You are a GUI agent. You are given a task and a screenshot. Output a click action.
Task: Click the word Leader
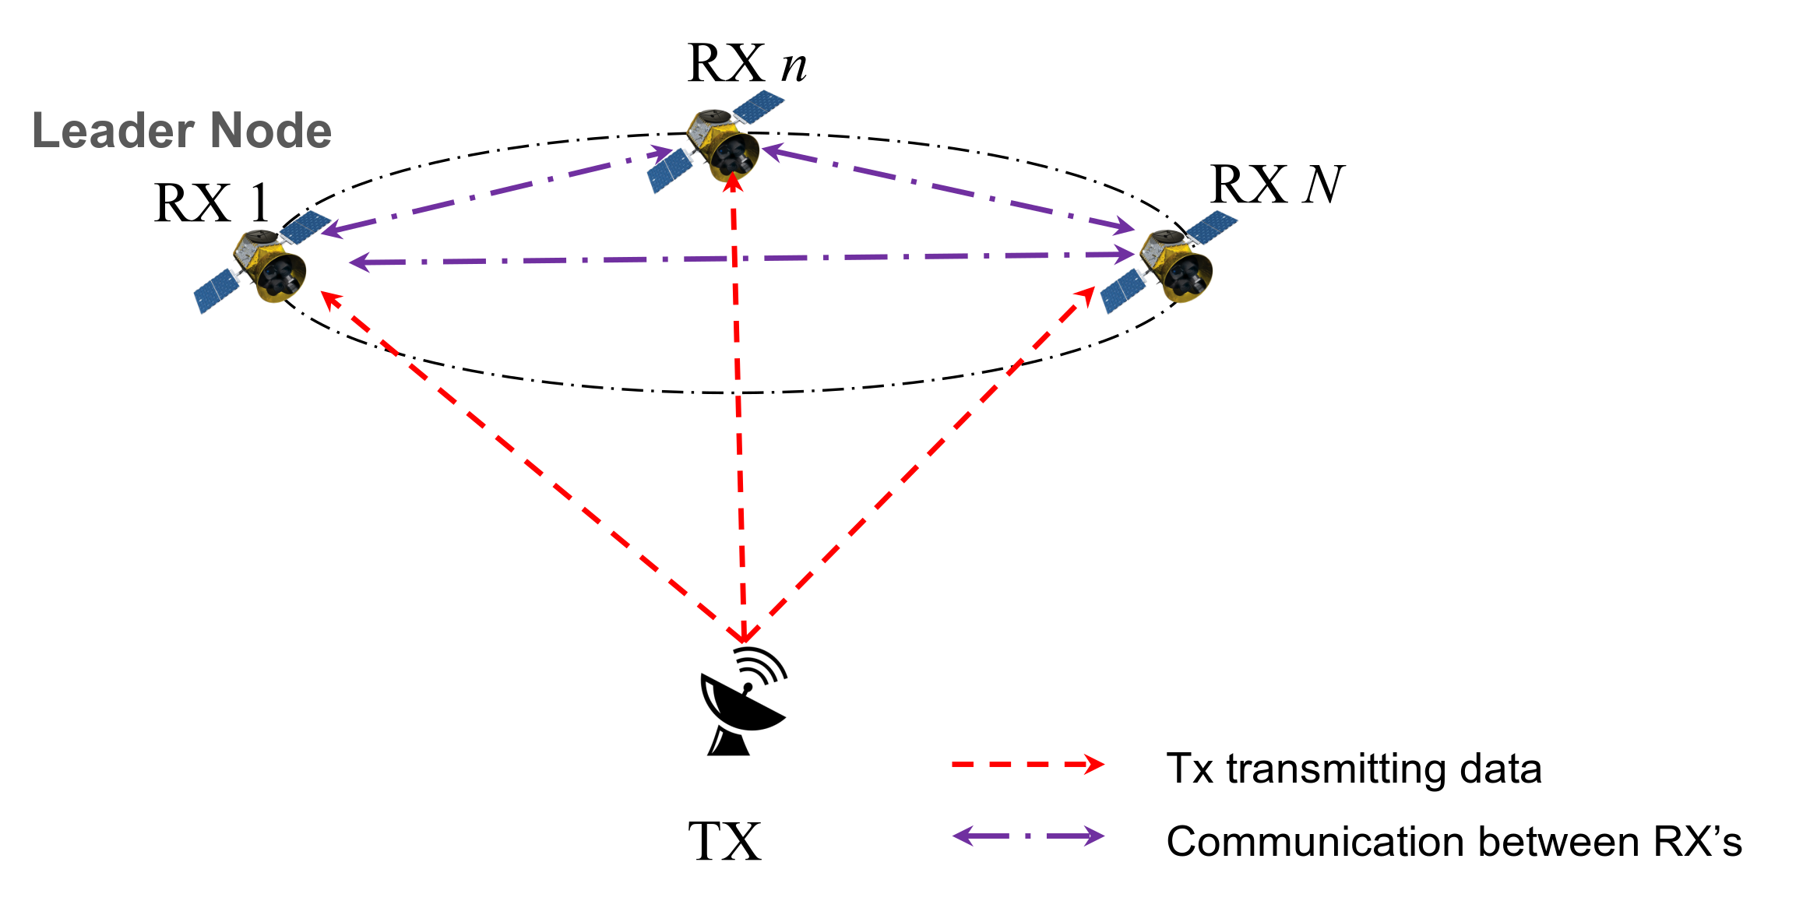coord(112,130)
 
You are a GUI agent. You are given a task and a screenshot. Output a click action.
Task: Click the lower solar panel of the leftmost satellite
coord(217,291)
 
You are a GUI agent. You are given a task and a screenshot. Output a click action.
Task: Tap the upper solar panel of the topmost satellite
coord(759,106)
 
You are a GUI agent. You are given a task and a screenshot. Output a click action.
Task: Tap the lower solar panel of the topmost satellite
coord(671,171)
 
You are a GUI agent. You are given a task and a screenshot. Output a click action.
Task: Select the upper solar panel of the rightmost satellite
coord(1213,225)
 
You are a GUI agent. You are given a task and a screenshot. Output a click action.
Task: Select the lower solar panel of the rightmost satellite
coord(1124,291)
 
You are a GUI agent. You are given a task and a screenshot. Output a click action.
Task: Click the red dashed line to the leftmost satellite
coord(530,465)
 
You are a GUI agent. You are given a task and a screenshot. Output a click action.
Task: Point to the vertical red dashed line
coord(738,405)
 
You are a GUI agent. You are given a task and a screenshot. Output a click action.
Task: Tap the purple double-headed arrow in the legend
coord(1028,836)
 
